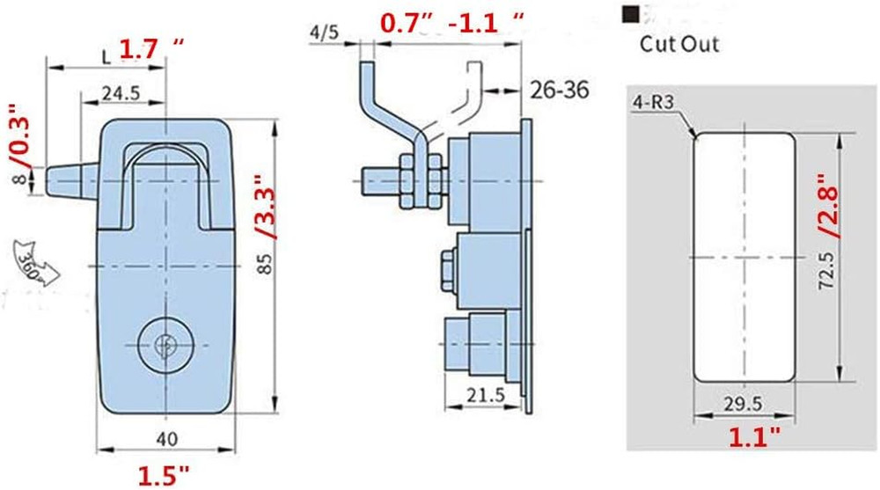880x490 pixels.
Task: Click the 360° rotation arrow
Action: pyautogui.click(x=34, y=264)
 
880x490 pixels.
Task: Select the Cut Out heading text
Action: pyautogui.click(x=678, y=43)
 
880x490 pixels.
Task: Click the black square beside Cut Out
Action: pyautogui.click(x=629, y=14)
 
